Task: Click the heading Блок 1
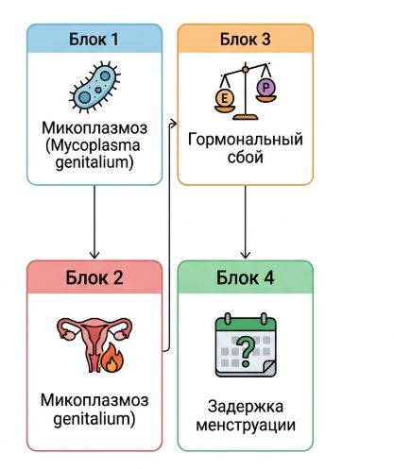94,40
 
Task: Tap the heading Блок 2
94,277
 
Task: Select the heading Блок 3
245,40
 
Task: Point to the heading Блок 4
245,277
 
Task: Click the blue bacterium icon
94,87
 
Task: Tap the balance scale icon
246,92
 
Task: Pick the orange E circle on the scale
225,98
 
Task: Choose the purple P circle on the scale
266,88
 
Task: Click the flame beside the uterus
111,358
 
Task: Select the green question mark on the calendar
246,351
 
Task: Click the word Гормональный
246,139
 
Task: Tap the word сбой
246,157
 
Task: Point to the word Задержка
246,407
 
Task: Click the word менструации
246,425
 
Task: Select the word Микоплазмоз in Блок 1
94,127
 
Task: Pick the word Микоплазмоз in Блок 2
94,400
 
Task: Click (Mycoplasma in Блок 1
93,145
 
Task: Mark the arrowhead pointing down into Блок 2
94,255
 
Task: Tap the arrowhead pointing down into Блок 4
246,255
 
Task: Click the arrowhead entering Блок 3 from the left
174,124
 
